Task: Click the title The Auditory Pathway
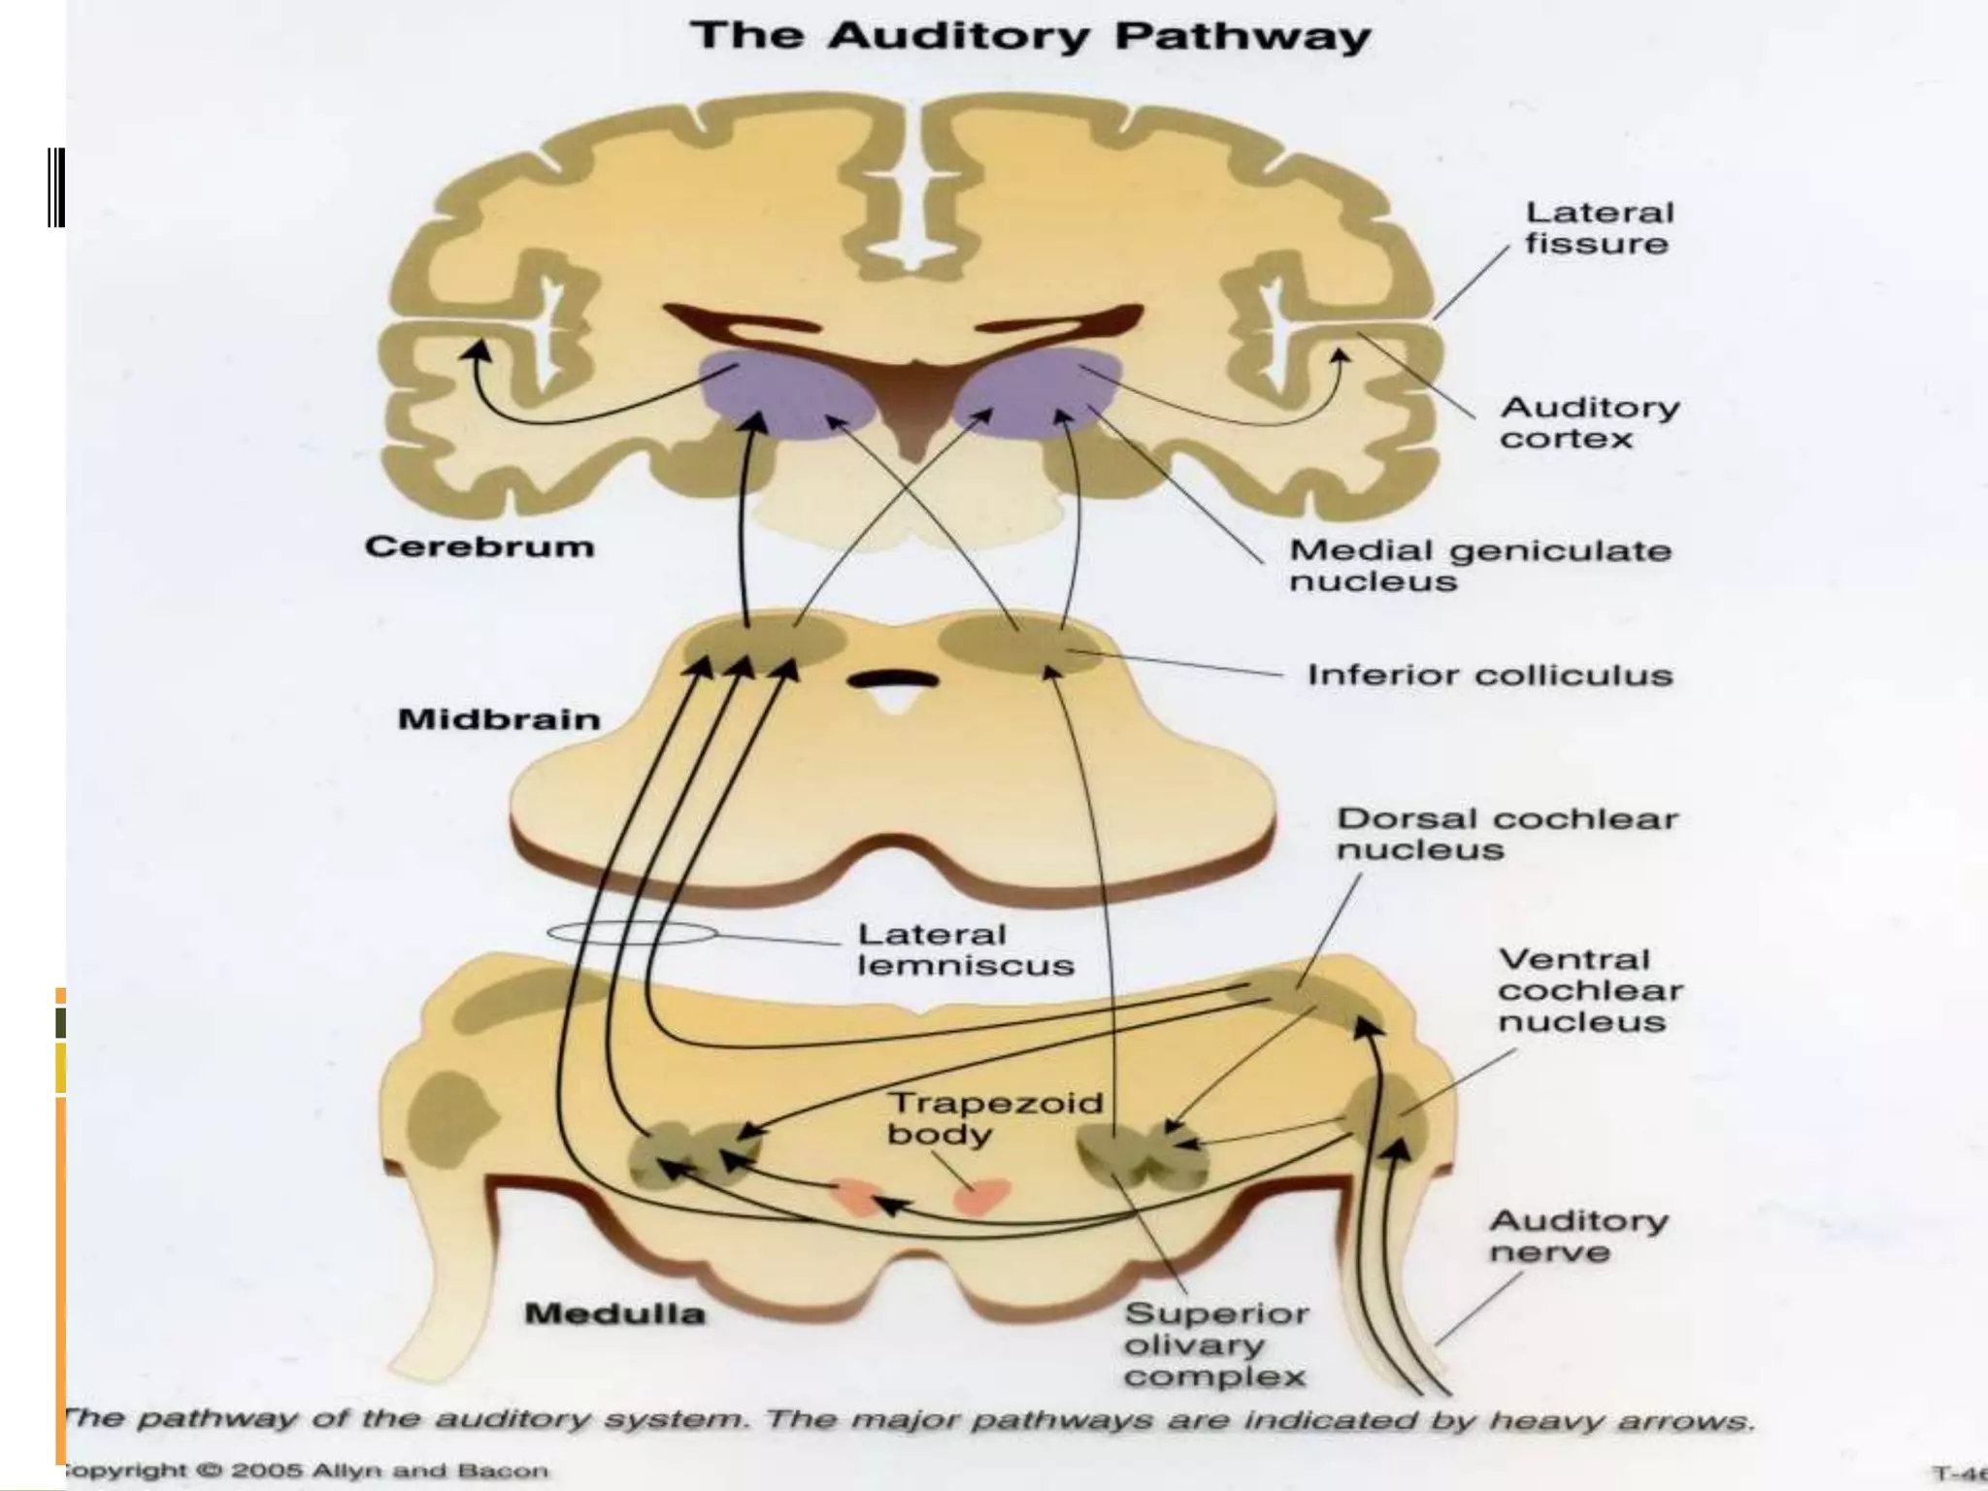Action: click(x=1030, y=37)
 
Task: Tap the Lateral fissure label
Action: click(x=1599, y=228)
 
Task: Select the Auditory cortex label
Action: click(x=1589, y=422)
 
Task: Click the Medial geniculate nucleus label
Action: click(x=1479, y=566)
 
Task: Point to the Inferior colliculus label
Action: click(x=1489, y=675)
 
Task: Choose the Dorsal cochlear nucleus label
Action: click(x=1506, y=834)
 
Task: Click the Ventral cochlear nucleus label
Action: click(x=1589, y=990)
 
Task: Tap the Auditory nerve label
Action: click(x=1577, y=1236)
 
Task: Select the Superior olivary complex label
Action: click(x=1215, y=1345)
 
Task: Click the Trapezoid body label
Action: click(x=994, y=1118)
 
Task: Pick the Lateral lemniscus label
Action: click(x=965, y=949)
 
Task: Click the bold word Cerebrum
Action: click(x=480, y=547)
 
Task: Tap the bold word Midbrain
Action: click(x=499, y=719)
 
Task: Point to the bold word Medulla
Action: click(x=614, y=1314)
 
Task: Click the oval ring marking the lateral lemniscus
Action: click(x=632, y=934)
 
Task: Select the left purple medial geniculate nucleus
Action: click(x=786, y=393)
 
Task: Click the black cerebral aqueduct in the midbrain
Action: click(x=892, y=679)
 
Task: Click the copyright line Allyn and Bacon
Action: click(x=306, y=1472)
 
